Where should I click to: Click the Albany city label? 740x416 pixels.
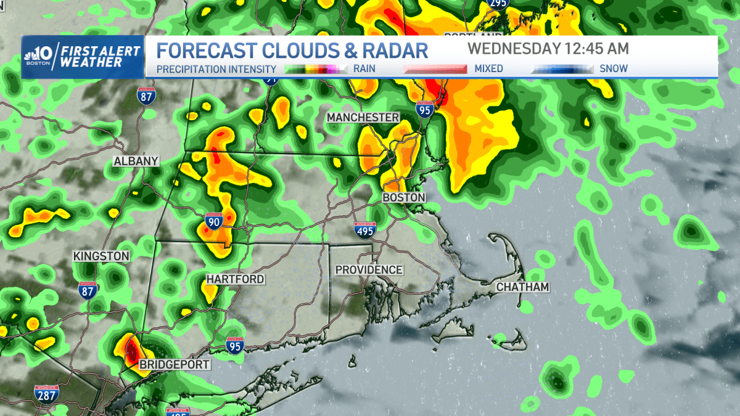(136, 161)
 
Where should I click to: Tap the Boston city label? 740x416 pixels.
(404, 197)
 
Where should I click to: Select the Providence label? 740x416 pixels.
(369, 270)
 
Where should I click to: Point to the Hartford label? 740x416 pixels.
(235, 279)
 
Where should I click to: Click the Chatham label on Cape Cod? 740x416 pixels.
(522, 287)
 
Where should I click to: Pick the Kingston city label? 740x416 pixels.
(101, 256)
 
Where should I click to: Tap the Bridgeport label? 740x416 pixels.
(175, 365)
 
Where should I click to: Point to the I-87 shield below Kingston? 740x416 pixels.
(88, 290)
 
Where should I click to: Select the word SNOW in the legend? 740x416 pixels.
(614, 69)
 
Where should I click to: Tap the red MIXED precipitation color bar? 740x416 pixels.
(435, 69)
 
